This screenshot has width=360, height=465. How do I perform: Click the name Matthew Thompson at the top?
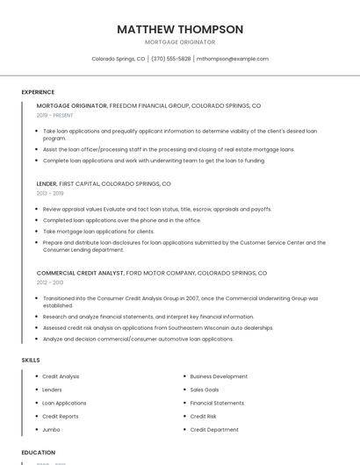coord(180,29)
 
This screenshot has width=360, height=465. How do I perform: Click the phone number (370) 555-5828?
coord(170,59)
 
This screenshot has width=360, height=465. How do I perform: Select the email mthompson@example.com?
coord(233,59)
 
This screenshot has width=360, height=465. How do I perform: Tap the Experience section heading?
coord(38,92)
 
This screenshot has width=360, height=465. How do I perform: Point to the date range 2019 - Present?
coord(55,115)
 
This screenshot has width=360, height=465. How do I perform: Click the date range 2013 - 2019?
coord(50,193)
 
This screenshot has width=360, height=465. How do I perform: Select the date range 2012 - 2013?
coord(50,283)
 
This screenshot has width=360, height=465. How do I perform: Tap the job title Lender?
coord(47,184)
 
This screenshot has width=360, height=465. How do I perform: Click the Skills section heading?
coord(31,360)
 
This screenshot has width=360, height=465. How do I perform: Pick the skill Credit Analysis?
coord(61,376)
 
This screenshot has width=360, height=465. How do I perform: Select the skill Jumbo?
coord(51,430)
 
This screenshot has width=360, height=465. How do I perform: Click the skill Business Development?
coord(219,376)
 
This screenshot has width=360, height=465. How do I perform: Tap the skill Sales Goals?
coord(205,390)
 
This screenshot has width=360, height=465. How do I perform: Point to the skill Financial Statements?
coord(217,403)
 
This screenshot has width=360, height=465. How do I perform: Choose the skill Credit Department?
coord(214,430)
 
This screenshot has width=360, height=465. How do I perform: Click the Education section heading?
coord(39,453)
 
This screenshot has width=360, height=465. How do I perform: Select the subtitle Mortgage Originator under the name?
coord(180,41)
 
